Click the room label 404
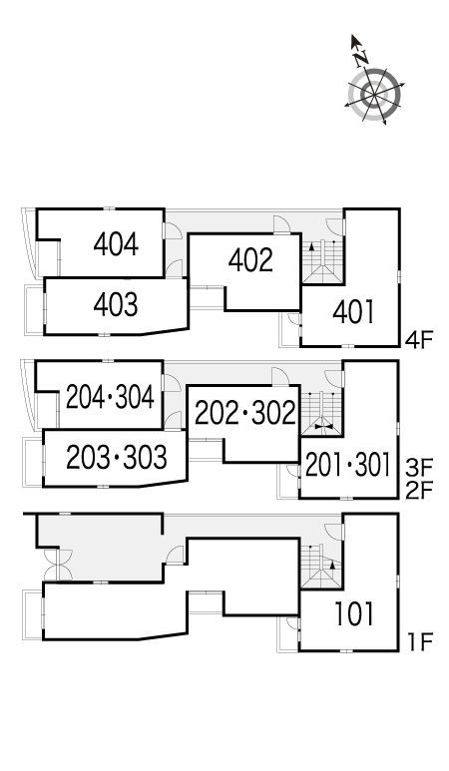coord(116,244)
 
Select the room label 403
coord(116,305)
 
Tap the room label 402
coord(250,260)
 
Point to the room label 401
coord(353,312)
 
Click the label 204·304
coord(110,397)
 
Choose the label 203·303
coord(117,457)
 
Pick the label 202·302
coord(245,413)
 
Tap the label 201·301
coord(347,465)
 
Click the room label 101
coord(354,614)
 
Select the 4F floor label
coord(419,340)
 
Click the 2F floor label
coord(419,491)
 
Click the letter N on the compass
coord(362,59)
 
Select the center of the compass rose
coord(375,94)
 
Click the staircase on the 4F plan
coord(322,262)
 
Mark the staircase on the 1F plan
coord(322,567)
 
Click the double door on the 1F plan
coord(58,565)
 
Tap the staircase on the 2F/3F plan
coord(322,414)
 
